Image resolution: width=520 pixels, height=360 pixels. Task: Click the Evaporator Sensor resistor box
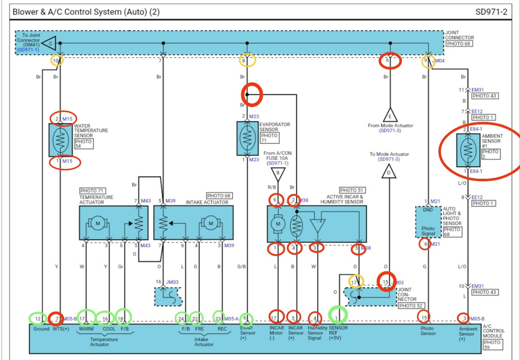(x=247, y=138)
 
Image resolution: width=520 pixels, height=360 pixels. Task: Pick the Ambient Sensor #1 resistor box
(x=468, y=149)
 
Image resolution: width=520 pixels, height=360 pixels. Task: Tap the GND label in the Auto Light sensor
(x=428, y=210)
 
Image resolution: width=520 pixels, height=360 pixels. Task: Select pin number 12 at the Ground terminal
(x=37, y=318)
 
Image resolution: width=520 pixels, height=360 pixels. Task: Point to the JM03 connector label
(x=172, y=282)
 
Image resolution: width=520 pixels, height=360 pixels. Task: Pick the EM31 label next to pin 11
(x=478, y=90)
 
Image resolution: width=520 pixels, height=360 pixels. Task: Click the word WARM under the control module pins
(x=86, y=329)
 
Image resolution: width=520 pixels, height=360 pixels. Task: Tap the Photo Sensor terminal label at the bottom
(x=428, y=331)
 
